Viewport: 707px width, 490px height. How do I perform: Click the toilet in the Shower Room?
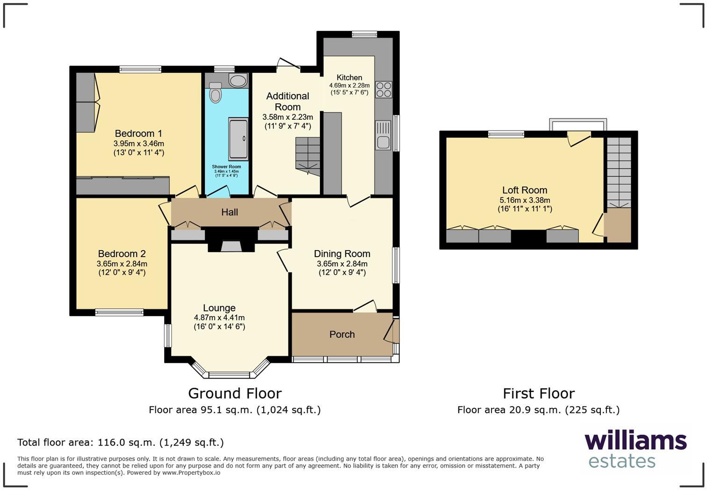pyautogui.click(x=215, y=92)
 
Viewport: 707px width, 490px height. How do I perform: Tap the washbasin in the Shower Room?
pyautogui.click(x=238, y=81)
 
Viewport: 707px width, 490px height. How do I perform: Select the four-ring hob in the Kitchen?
pyautogui.click(x=383, y=89)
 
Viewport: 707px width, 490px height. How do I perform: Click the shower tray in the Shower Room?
pyautogui.click(x=238, y=139)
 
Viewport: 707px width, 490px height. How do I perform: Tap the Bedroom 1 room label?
pyautogui.click(x=138, y=133)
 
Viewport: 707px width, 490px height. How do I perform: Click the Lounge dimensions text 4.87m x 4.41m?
pyautogui.click(x=219, y=318)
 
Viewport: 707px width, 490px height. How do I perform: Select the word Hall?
pyautogui.click(x=230, y=212)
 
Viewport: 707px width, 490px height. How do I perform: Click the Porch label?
pyautogui.click(x=342, y=334)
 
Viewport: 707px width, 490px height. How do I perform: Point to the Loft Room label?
pyautogui.click(x=525, y=190)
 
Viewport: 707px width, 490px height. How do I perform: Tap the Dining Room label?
pyautogui.click(x=342, y=254)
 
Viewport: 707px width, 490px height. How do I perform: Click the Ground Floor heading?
pyautogui.click(x=235, y=394)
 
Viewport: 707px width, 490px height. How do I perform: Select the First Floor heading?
pyautogui.click(x=539, y=394)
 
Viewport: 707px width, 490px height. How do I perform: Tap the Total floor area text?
pyautogui.click(x=121, y=442)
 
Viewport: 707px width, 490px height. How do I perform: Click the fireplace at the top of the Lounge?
pyautogui.click(x=231, y=239)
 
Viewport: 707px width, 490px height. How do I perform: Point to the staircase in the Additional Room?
pyautogui.click(x=308, y=156)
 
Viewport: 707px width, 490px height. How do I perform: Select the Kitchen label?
pyautogui.click(x=349, y=77)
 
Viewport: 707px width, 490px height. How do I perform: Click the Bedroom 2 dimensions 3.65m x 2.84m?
pyautogui.click(x=122, y=264)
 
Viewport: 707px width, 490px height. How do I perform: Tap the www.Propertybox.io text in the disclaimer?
pyautogui.click(x=191, y=473)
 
